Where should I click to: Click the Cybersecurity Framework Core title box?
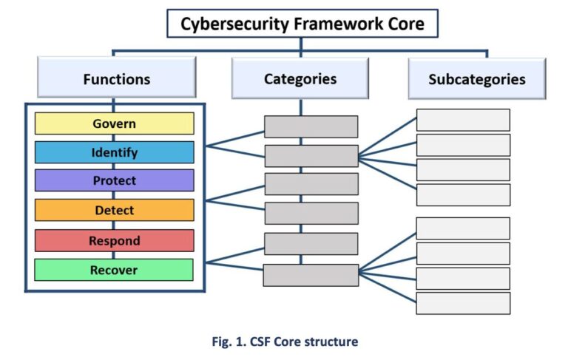point(302,24)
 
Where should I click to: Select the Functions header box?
point(116,79)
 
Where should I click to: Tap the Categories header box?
point(300,78)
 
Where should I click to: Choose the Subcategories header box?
point(476,79)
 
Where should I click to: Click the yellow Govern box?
point(114,123)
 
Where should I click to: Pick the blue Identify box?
point(114,152)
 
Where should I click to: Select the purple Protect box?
point(114,180)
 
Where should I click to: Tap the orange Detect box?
point(114,210)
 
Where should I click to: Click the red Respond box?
point(114,240)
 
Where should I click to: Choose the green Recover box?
point(114,270)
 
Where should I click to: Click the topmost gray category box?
point(311,126)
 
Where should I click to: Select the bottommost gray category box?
point(311,275)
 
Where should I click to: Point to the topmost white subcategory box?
point(463,120)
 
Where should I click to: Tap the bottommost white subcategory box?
point(463,303)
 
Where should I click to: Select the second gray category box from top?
point(311,156)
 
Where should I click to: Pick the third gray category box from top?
point(311,184)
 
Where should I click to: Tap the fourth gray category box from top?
point(311,213)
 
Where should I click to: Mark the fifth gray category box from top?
point(311,244)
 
